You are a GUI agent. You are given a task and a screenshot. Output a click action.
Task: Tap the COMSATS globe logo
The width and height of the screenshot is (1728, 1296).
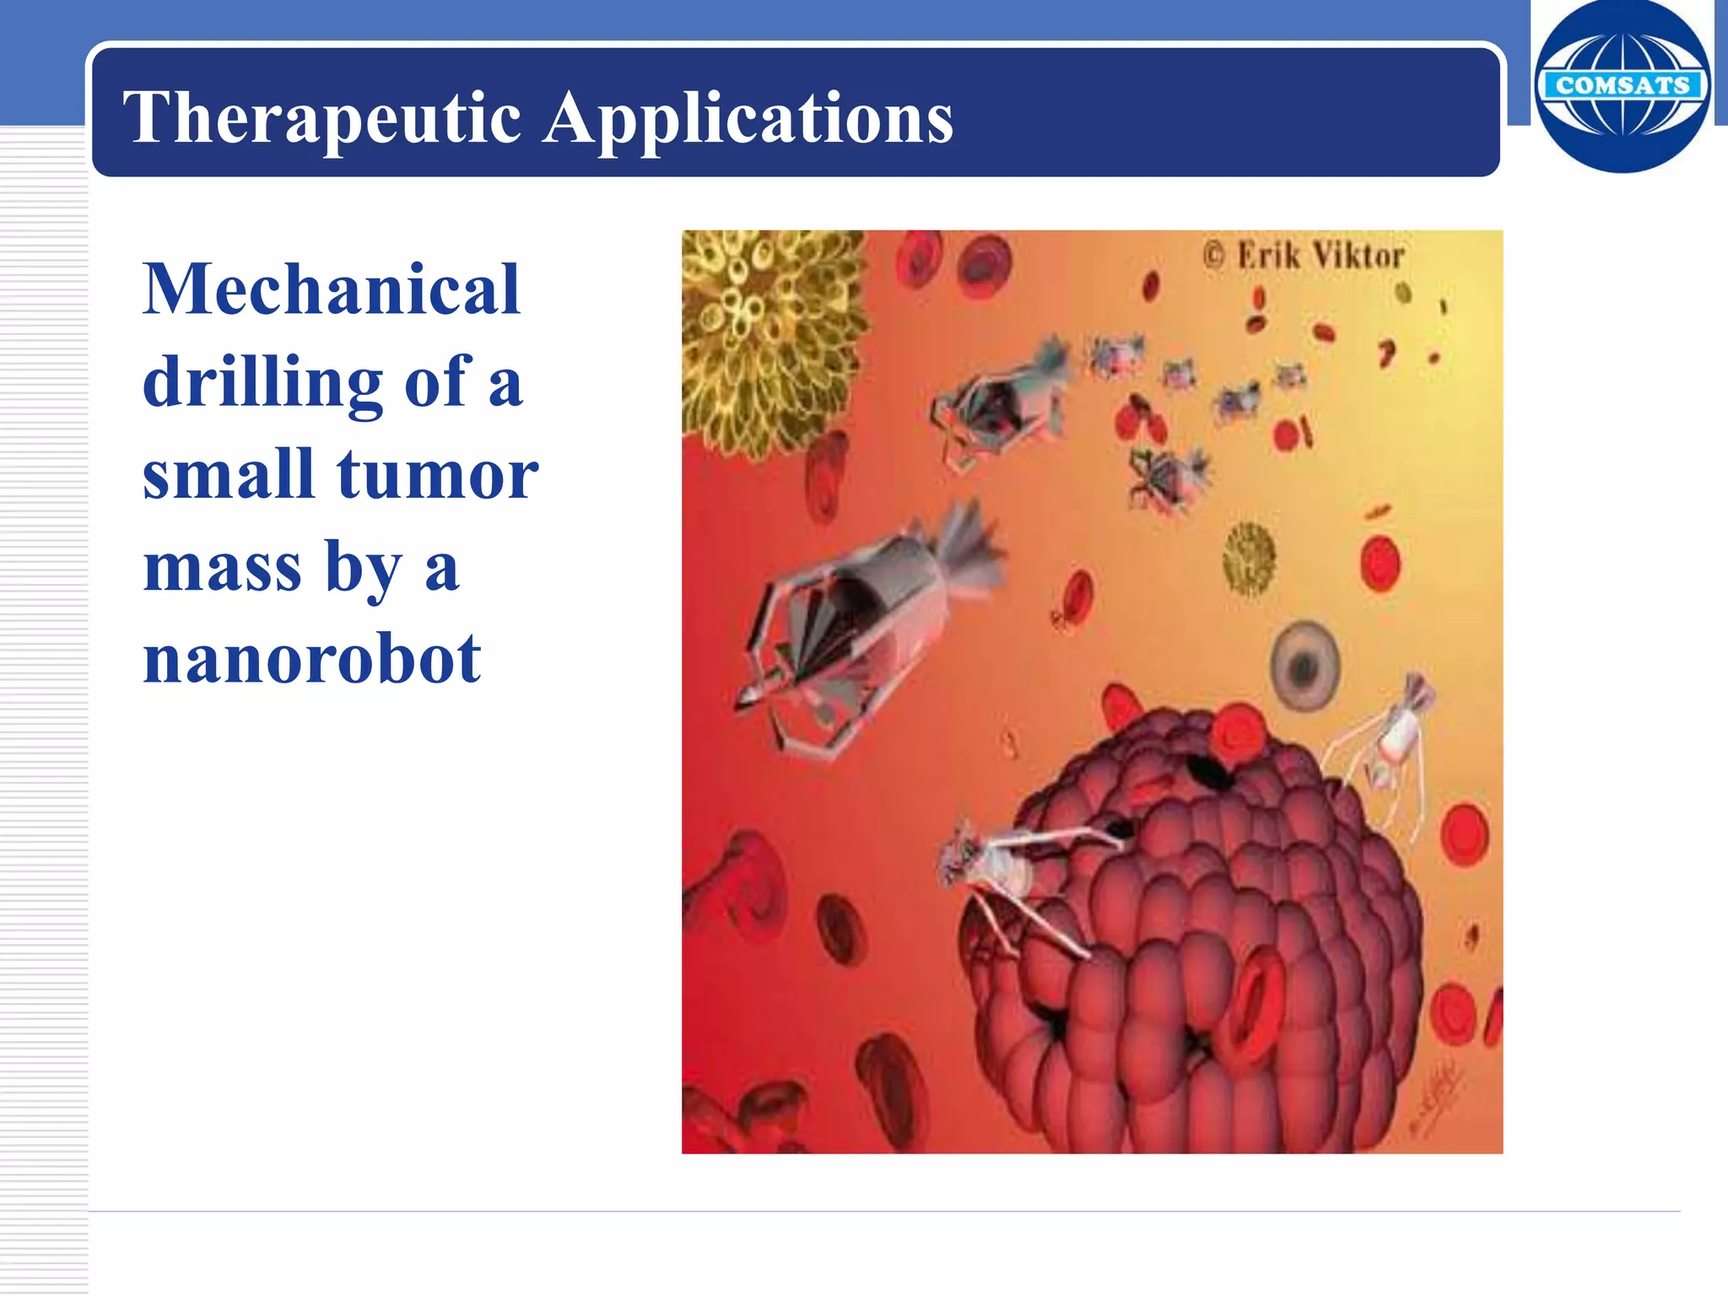tap(1622, 86)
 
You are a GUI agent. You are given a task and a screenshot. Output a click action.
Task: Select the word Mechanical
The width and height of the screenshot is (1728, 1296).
tap(331, 289)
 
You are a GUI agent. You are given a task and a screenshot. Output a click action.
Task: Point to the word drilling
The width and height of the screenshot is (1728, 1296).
tap(262, 382)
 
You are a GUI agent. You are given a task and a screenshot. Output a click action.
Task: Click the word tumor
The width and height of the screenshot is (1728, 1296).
tap(437, 474)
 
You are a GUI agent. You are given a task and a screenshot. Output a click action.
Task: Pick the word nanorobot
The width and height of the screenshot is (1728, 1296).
tap(311, 659)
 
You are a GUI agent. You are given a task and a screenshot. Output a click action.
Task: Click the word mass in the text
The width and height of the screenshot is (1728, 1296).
tap(222, 567)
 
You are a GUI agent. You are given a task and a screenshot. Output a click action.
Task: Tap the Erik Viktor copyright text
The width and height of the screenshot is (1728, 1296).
tap(1304, 255)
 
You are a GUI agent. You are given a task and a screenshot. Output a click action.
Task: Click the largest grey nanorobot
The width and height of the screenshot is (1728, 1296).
tap(861, 620)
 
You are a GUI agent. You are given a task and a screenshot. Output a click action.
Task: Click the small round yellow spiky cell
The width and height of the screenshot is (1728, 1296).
tap(1249, 557)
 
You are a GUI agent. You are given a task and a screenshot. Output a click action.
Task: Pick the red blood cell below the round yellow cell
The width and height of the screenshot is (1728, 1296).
tap(1380, 564)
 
